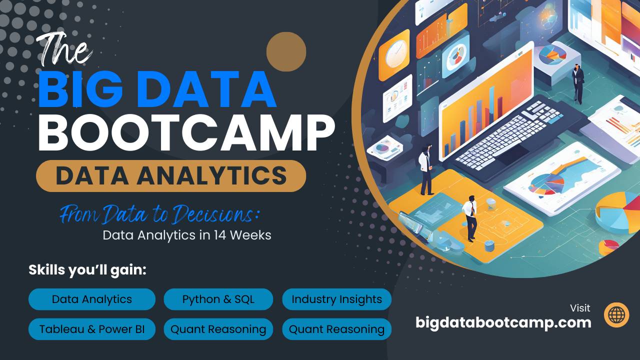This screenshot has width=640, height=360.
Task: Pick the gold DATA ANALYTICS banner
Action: [171, 176]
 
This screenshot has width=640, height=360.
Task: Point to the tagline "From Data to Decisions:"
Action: [160, 215]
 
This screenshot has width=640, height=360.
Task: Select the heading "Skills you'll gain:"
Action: [87, 270]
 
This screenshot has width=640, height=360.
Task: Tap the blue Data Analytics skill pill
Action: [92, 299]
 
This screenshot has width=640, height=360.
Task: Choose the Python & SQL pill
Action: [218, 299]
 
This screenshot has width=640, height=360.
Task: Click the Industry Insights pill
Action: [336, 299]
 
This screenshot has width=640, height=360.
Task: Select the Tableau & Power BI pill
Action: [92, 329]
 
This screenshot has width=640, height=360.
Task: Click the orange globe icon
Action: [616, 314]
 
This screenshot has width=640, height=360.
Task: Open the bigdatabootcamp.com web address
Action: [503, 322]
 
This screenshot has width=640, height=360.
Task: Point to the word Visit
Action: [580, 308]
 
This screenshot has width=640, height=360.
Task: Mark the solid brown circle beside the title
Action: [286, 51]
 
